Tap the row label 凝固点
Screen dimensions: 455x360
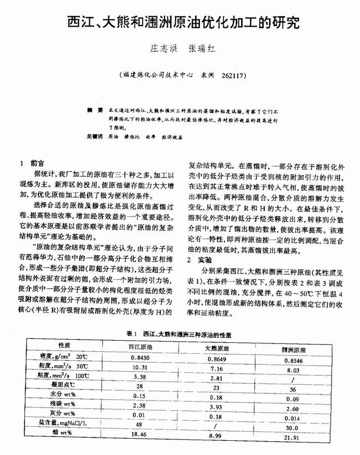(x=65, y=385)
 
